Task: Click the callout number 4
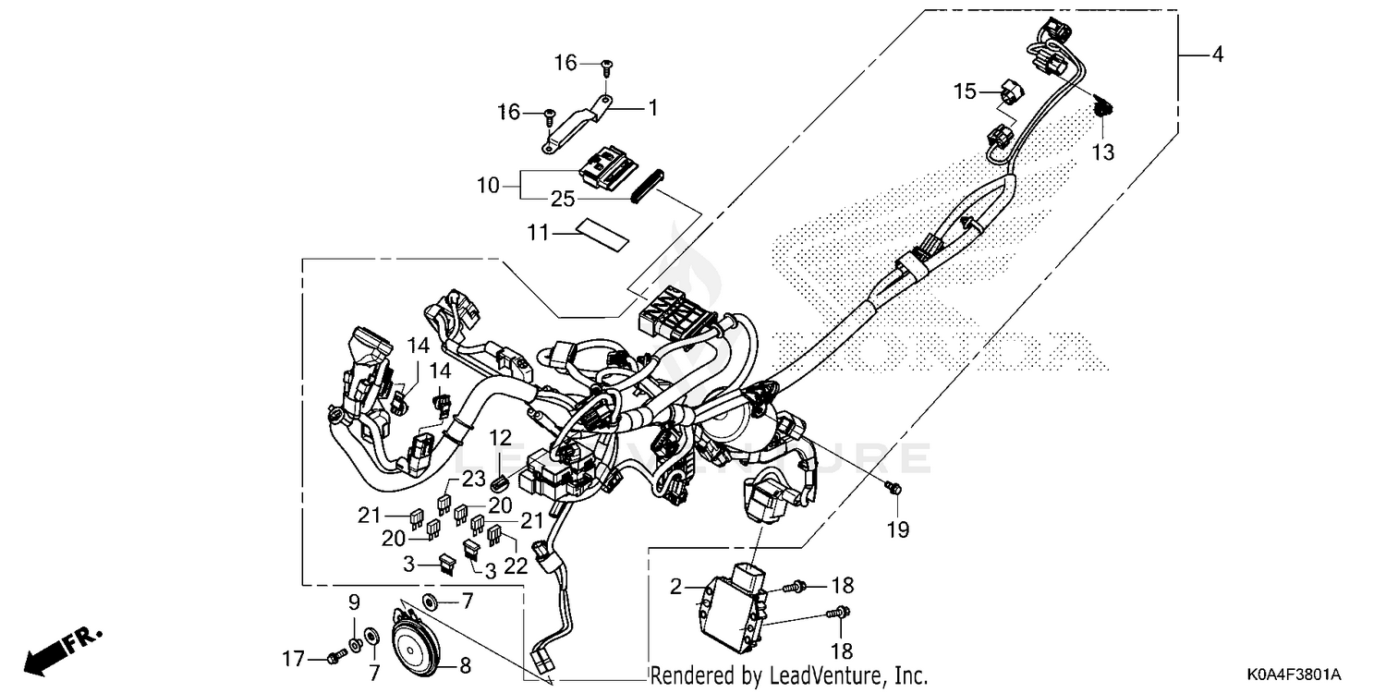point(1217,55)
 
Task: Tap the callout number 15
point(965,91)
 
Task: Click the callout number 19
point(898,530)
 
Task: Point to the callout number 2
point(676,586)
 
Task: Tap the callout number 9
point(354,603)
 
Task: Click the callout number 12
point(500,436)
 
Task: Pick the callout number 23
point(473,478)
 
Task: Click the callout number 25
point(564,199)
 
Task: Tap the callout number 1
point(652,108)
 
